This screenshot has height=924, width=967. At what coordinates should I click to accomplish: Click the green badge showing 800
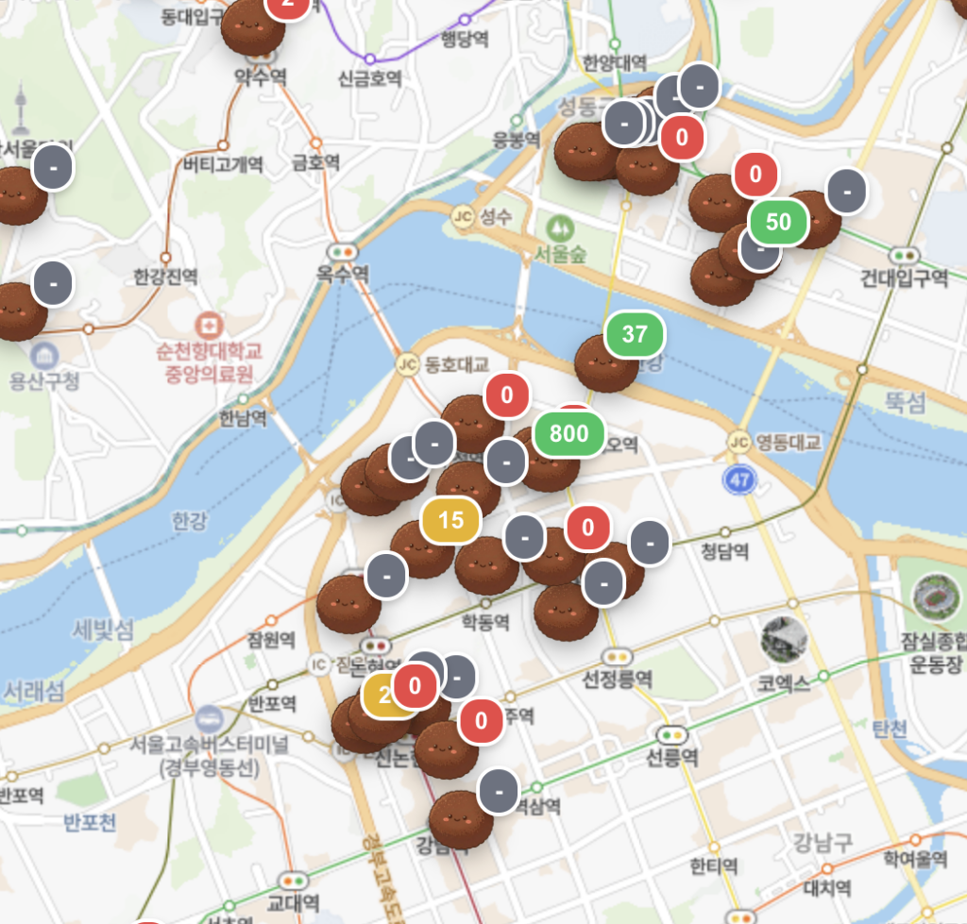568,434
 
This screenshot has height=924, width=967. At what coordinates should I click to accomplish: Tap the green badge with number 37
635,333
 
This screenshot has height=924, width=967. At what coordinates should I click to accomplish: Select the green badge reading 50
778,222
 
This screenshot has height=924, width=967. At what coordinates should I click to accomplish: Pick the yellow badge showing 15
450,520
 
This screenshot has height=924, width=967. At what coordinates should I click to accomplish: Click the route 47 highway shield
740,480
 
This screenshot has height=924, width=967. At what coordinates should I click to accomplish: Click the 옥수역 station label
343,273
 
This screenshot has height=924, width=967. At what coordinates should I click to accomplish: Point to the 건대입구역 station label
904,277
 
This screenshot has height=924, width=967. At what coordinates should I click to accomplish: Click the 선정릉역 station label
618,679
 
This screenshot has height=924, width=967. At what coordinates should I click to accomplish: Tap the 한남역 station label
242,416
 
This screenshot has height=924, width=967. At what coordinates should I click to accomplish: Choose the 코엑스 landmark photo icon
784,639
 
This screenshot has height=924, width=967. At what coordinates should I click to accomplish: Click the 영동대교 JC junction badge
738,442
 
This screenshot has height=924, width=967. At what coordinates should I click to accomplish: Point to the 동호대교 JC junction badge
408,362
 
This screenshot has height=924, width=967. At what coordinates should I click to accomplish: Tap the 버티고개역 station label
223,164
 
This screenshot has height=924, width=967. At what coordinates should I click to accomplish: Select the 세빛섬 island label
104,630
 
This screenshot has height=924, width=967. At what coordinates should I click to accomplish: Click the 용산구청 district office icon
43,357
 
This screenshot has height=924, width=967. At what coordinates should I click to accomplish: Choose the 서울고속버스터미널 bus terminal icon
209,719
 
